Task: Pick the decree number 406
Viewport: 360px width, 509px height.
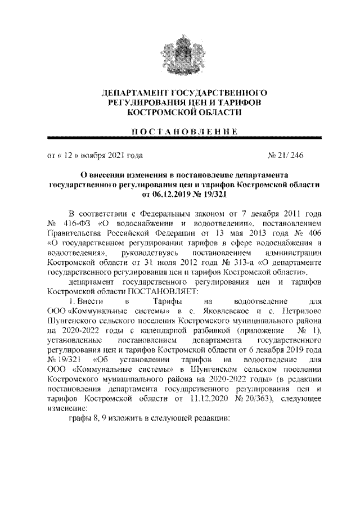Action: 313,233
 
